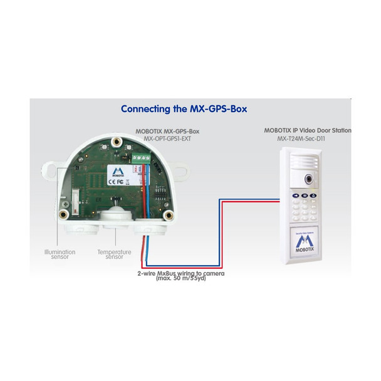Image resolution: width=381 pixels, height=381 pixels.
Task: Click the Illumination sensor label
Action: pos(60,254)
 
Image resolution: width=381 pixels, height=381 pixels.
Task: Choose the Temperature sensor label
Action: pos(114,254)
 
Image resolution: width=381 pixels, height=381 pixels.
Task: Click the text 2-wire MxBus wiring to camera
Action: pos(181,273)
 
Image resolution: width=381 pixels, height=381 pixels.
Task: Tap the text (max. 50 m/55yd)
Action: pos(181,279)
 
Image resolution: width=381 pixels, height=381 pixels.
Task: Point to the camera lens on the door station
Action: pos(309,178)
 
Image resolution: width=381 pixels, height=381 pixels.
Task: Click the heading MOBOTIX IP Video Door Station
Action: pos(307,130)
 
